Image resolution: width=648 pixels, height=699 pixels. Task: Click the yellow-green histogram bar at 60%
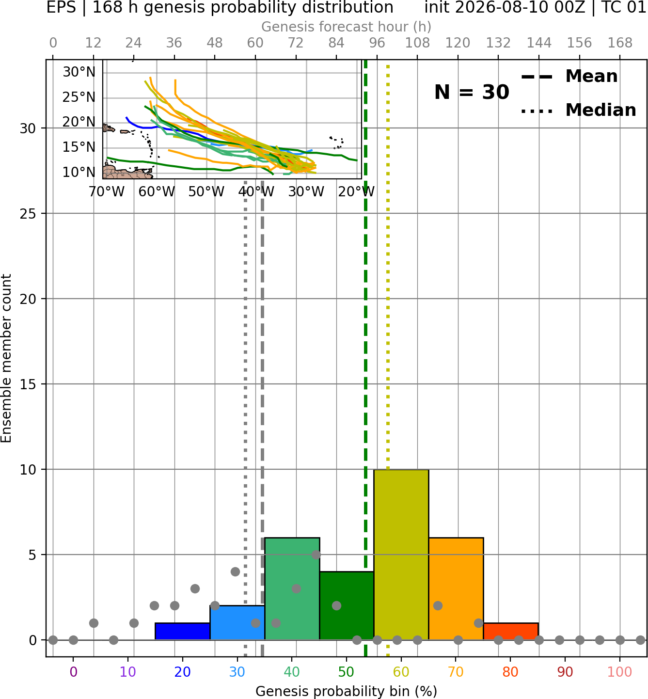pyautogui.click(x=401, y=555)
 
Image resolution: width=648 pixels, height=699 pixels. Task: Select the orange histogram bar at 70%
pyautogui.click(x=456, y=589)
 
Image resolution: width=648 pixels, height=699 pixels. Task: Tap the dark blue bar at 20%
pyautogui.click(x=183, y=632)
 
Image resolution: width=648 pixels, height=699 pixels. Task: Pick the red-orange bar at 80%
pyautogui.click(x=511, y=632)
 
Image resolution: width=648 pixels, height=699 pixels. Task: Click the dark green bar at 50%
pyautogui.click(x=347, y=606)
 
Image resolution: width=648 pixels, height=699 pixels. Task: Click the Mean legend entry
pyautogui.click(x=569, y=77)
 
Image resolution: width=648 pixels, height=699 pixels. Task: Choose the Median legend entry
pyautogui.click(x=578, y=110)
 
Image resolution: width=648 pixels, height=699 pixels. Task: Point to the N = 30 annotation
pyautogui.click(x=472, y=92)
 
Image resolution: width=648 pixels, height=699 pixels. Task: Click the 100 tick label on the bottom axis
pyautogui.click(x=620, y=672)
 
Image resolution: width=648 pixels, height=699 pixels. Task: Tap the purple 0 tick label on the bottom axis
pyautogui.click(x=73, y=672)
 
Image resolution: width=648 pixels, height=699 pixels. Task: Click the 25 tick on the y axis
pyautogui.click(x=28, y=214)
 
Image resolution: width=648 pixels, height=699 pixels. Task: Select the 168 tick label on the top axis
pyautogui.click(x=620, y=43)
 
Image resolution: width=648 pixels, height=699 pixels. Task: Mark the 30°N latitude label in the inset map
pyautogui.click(x=79, y=72)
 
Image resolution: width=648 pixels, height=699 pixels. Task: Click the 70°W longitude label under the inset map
pyautogui.click(x=106, y=192)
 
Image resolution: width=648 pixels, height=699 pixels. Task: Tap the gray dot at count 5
pyautogui.click(x=316, y=555)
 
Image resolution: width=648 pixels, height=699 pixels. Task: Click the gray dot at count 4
pyautogui.click(x=235, y=572)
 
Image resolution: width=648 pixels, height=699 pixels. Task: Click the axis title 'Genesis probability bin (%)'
pyautogui.click(x=347, y=691)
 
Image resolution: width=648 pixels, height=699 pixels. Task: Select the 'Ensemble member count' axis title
pyautogui.click(x=6, y=358)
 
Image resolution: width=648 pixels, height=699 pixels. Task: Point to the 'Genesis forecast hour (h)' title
pyautogui.click(x=347, y=27)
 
